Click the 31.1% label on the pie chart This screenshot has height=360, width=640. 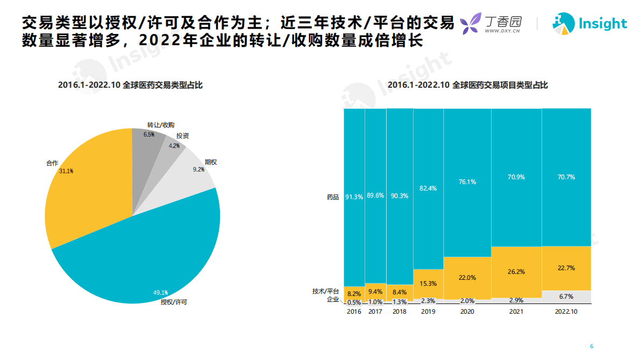66,171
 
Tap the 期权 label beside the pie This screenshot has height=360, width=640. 211,161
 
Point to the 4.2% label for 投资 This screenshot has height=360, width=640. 174,146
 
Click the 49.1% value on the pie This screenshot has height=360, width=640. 160,293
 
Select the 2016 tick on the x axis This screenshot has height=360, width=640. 354,312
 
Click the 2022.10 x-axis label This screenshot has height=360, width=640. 566,312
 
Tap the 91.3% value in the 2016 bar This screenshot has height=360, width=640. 354,197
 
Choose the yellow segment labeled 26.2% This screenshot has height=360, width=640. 516,272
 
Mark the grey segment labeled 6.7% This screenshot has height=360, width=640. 566,297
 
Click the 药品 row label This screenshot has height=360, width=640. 333,197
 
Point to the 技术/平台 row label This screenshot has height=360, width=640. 326,291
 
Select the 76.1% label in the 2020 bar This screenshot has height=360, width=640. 467,182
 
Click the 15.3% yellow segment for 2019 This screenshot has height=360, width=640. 428,284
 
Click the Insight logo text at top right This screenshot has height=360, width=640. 602,24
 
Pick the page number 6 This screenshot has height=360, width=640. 592,346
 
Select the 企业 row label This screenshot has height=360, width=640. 333,299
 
